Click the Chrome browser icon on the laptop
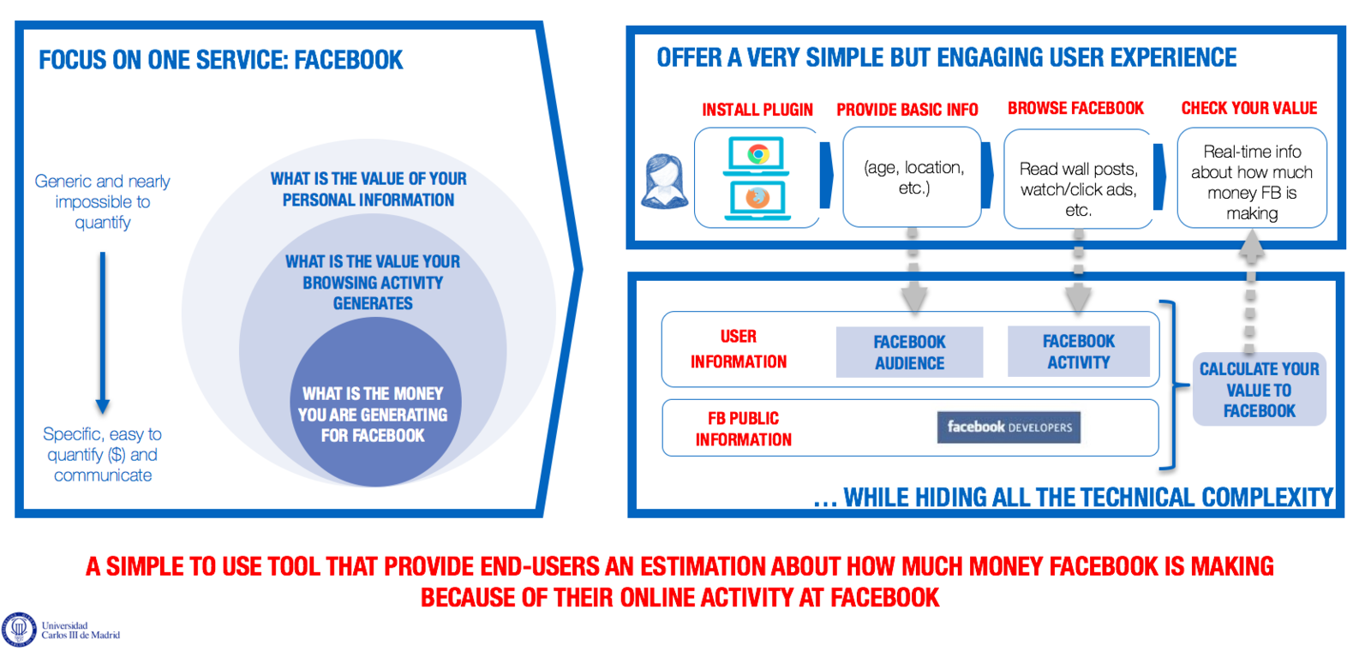point(757,155)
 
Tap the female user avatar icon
point(664,181)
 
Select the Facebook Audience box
point(909,352)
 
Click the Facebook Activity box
point(1078,351)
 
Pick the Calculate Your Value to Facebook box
point(1259,390)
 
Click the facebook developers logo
point(1009,427)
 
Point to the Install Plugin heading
point(757,110)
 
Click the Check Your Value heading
point(1248,108)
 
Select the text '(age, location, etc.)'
point(913,177)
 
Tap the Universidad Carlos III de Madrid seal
point(19,630)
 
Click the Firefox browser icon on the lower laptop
point(757,198)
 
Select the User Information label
point(739,349)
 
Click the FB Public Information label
point(743,429)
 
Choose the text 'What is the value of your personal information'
point(368,189)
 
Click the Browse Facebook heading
point(1075,108)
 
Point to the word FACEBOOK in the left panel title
point(348,60)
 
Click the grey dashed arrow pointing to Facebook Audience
point(913,274)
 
